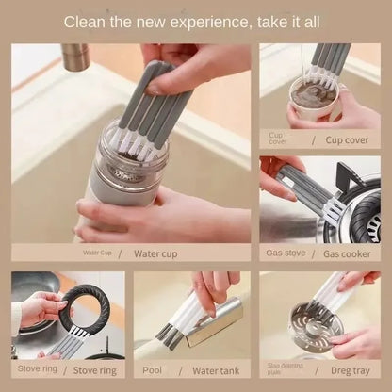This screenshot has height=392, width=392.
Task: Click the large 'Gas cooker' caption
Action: [347, 253]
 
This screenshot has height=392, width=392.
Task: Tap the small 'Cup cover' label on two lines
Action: [277, 139]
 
